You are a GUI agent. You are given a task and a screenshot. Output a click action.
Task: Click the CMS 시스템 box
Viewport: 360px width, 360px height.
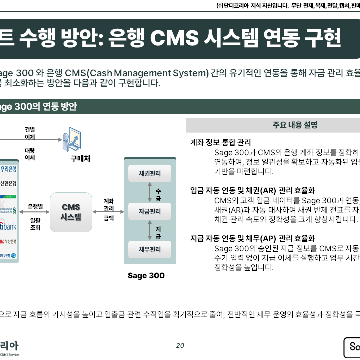click(71, 212)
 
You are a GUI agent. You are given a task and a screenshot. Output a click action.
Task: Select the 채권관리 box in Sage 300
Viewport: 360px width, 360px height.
click(150, 174)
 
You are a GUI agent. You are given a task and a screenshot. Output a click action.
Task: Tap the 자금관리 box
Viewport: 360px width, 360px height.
click(150, 211)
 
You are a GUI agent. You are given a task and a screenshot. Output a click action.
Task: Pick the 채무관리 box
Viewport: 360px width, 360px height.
click(150, 249)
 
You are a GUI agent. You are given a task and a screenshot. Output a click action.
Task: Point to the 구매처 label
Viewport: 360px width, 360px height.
click(73, 159)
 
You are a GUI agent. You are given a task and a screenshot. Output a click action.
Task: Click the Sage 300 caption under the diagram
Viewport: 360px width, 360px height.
click(146, 275)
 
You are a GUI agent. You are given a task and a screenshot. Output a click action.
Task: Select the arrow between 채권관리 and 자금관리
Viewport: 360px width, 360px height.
click(150, 192)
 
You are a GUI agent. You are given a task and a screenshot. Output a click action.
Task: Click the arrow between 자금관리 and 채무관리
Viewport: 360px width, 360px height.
click(150, 230)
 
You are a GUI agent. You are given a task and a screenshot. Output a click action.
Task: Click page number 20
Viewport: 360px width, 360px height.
click(180, 345)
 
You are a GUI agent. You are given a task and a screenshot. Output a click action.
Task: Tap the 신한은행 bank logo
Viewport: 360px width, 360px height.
click(8, 184)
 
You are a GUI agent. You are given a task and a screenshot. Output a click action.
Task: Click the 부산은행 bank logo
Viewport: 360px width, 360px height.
click(8, 242)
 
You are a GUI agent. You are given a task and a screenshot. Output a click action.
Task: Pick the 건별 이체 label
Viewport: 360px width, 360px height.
click(30, 133)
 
